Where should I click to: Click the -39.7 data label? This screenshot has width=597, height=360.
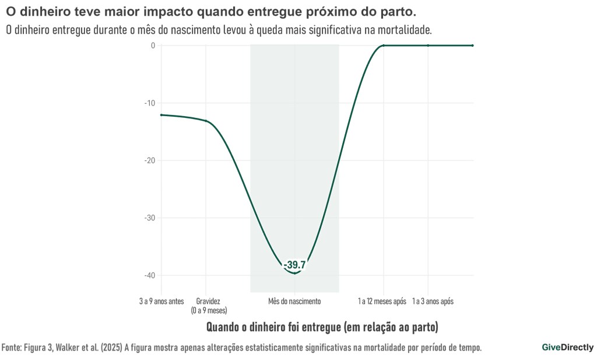(294, 265)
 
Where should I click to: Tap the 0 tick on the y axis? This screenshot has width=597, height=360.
(153, 46)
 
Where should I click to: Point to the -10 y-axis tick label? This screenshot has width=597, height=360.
(150, 103)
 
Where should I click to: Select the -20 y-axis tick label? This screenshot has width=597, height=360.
(150, 160)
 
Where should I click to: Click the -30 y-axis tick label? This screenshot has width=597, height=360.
(150, 218)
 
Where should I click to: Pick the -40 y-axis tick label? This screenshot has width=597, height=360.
(150, 275)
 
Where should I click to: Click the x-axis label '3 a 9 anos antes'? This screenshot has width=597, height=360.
(161, 302)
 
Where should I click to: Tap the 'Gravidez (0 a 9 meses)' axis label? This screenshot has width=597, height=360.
(208, 306)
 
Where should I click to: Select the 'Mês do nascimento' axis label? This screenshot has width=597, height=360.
(294, 302)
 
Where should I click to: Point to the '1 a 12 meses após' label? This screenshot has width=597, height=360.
(382, 302)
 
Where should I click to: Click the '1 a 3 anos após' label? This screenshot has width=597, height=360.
(433, 302)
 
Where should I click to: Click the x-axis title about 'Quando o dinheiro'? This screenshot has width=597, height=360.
(322, 326)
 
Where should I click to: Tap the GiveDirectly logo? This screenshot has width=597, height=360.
(567, 347)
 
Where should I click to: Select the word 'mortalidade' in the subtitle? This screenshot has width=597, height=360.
(403, 29)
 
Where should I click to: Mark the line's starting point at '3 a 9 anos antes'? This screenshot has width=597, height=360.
(161, 115)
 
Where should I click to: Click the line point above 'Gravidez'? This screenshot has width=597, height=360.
(206, 121)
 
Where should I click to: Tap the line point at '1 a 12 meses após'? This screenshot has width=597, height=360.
(384, 46)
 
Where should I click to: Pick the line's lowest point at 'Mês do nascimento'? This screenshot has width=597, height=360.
(294, 273)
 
